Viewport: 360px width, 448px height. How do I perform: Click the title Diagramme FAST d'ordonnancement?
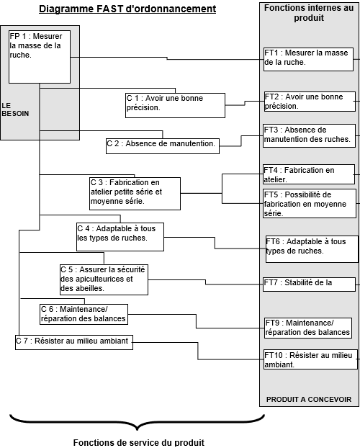[127, 9]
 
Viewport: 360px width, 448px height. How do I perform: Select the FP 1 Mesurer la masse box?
[40, 57]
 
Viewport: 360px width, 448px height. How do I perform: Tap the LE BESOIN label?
[15, 109]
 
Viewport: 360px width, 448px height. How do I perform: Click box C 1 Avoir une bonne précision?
[175, 105]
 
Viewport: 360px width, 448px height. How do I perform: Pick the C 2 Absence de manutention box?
[163, 146]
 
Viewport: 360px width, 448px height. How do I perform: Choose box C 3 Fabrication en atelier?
[135, 194]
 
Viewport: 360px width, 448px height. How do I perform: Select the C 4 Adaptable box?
[120, 237]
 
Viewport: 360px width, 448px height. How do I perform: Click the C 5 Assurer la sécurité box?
[104, 279]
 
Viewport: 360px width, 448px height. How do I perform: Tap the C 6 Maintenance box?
[84, 314]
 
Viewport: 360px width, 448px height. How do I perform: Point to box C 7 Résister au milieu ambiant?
[74, 342]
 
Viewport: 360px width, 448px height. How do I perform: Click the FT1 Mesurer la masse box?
[308, 60]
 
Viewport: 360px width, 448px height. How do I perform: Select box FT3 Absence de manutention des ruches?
[309, 135]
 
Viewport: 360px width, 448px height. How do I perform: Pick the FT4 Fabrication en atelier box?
[309, 174]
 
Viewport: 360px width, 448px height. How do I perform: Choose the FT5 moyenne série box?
[310, 203]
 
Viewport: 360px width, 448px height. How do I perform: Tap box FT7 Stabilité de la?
[309, 285]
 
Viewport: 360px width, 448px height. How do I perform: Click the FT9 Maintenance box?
[308, 328]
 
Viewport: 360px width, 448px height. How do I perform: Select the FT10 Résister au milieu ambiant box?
[310, 359]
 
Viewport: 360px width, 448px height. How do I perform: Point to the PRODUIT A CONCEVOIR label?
[309, 400]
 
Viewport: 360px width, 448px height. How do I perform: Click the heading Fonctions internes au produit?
[309, 12]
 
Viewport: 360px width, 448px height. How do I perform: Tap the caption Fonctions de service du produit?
[139, 442]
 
